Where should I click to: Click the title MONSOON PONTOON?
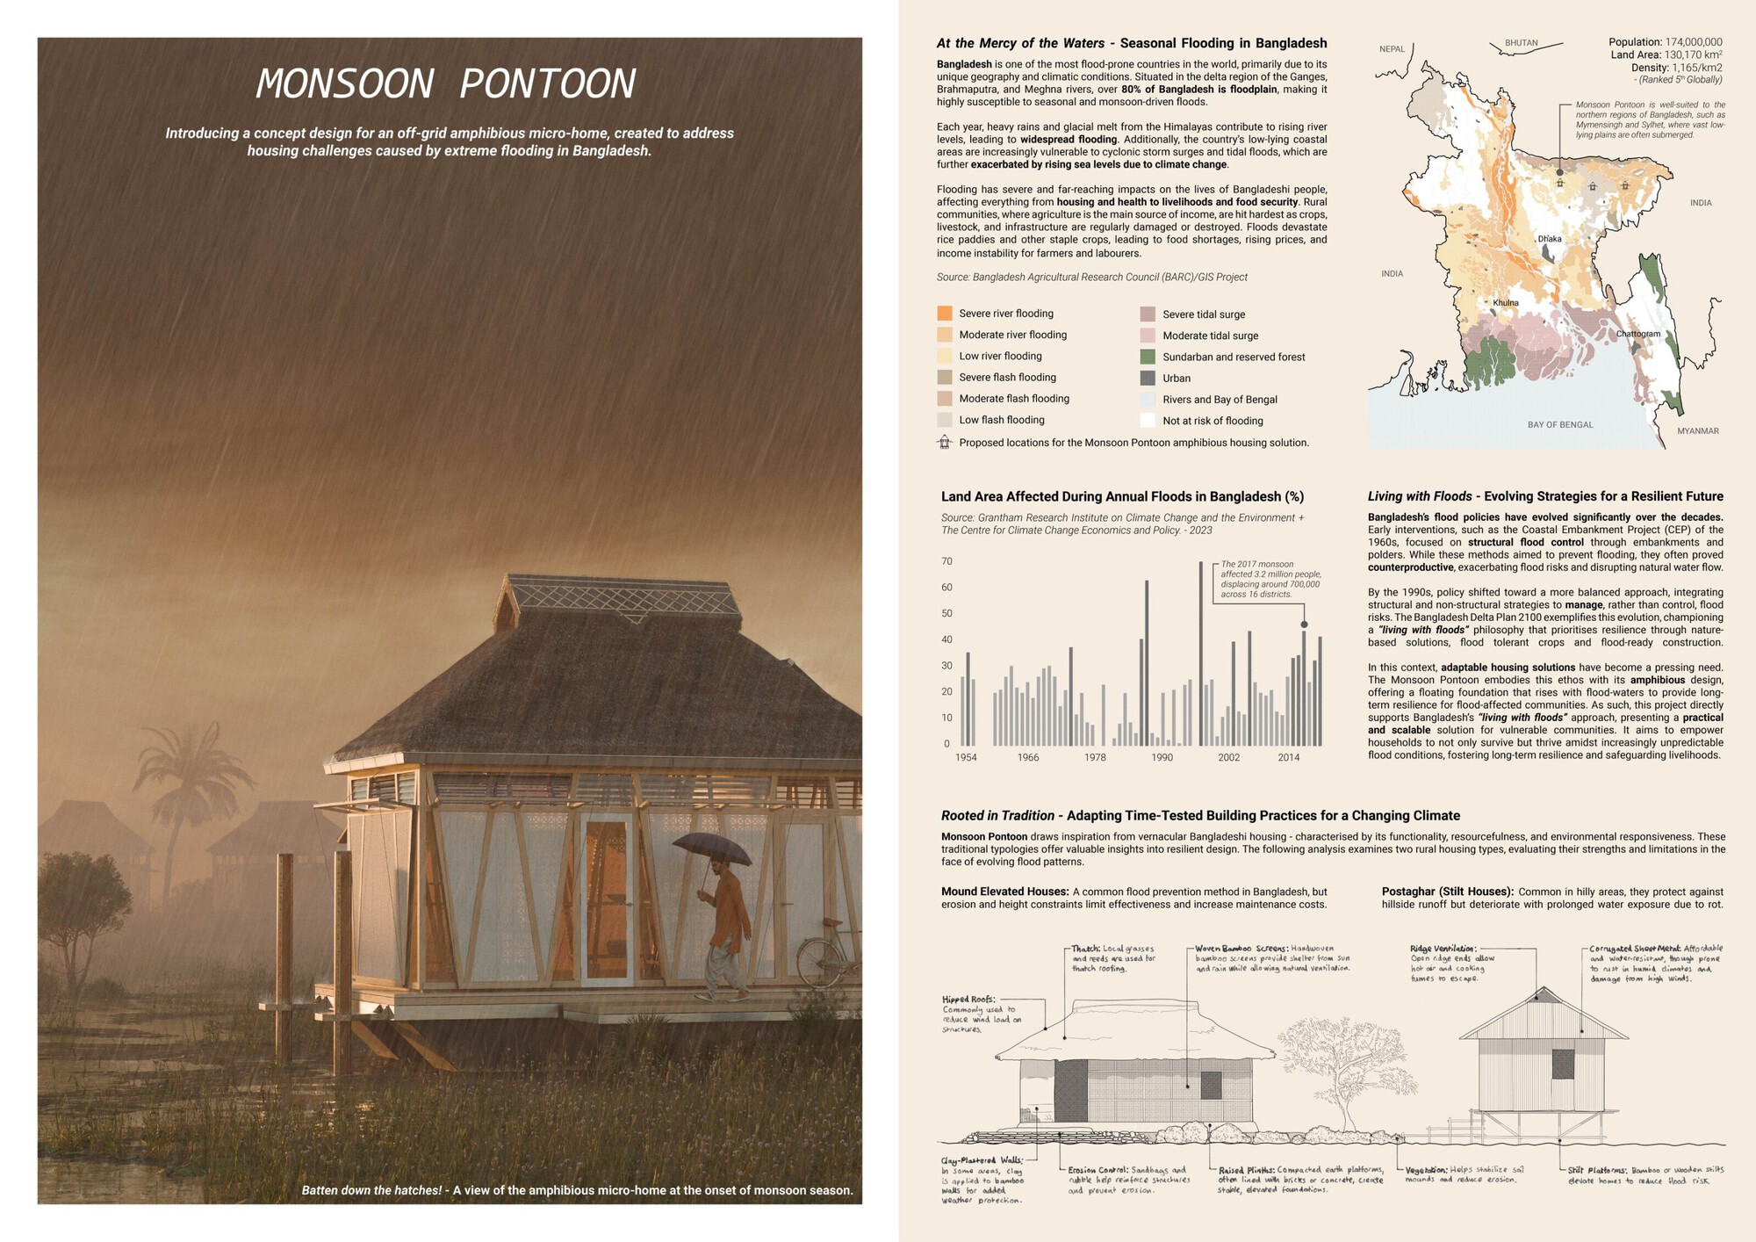[x=445, y=84]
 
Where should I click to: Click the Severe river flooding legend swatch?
[x=945, y=314]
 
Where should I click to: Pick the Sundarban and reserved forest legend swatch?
[x=1147, y=357]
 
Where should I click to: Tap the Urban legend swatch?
[x=1147, y=378]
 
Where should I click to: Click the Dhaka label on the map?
[x=1550, y=239]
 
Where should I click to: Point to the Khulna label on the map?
[x=1506, y=303]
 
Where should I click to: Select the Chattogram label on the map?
[x=1638, y=334]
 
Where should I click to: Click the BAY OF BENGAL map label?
[x=1560, y=425]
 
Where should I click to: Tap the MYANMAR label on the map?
[x=1698, y=431]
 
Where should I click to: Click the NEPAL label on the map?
[x=1392, y=49]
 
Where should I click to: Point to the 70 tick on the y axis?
[x=946, y=561]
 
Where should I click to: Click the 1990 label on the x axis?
[x=1162, y=757]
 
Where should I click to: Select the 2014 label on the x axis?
[x=1289, y=757]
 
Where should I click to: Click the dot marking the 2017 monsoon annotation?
[x=1304, y=625]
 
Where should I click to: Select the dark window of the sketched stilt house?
[x=1563, y=1064]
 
